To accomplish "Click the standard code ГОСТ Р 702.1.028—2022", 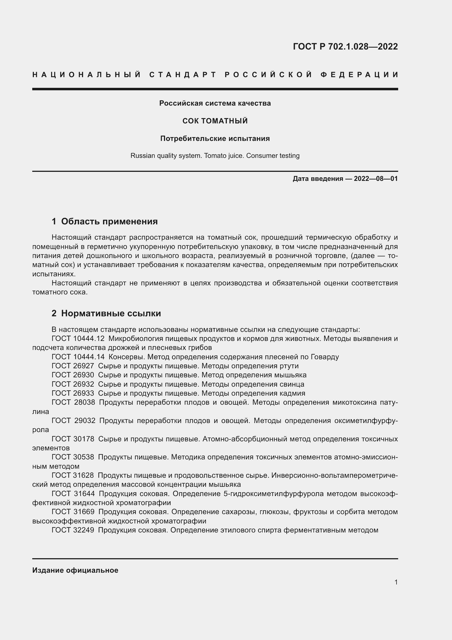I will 345,46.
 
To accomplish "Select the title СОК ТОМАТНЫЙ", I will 215,121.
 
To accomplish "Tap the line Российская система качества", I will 215,103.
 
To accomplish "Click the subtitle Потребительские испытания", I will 215,138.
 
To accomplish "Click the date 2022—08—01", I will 376,179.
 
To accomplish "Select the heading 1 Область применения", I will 105,221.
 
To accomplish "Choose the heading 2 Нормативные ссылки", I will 106,313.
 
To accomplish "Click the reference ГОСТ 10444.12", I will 78,339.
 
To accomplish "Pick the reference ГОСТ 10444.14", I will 78,357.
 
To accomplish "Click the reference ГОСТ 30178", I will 73,439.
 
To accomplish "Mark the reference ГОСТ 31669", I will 73,512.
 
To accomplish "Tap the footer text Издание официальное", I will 75,570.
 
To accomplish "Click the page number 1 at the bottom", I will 396,582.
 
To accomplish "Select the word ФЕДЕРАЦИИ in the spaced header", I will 359,75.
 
